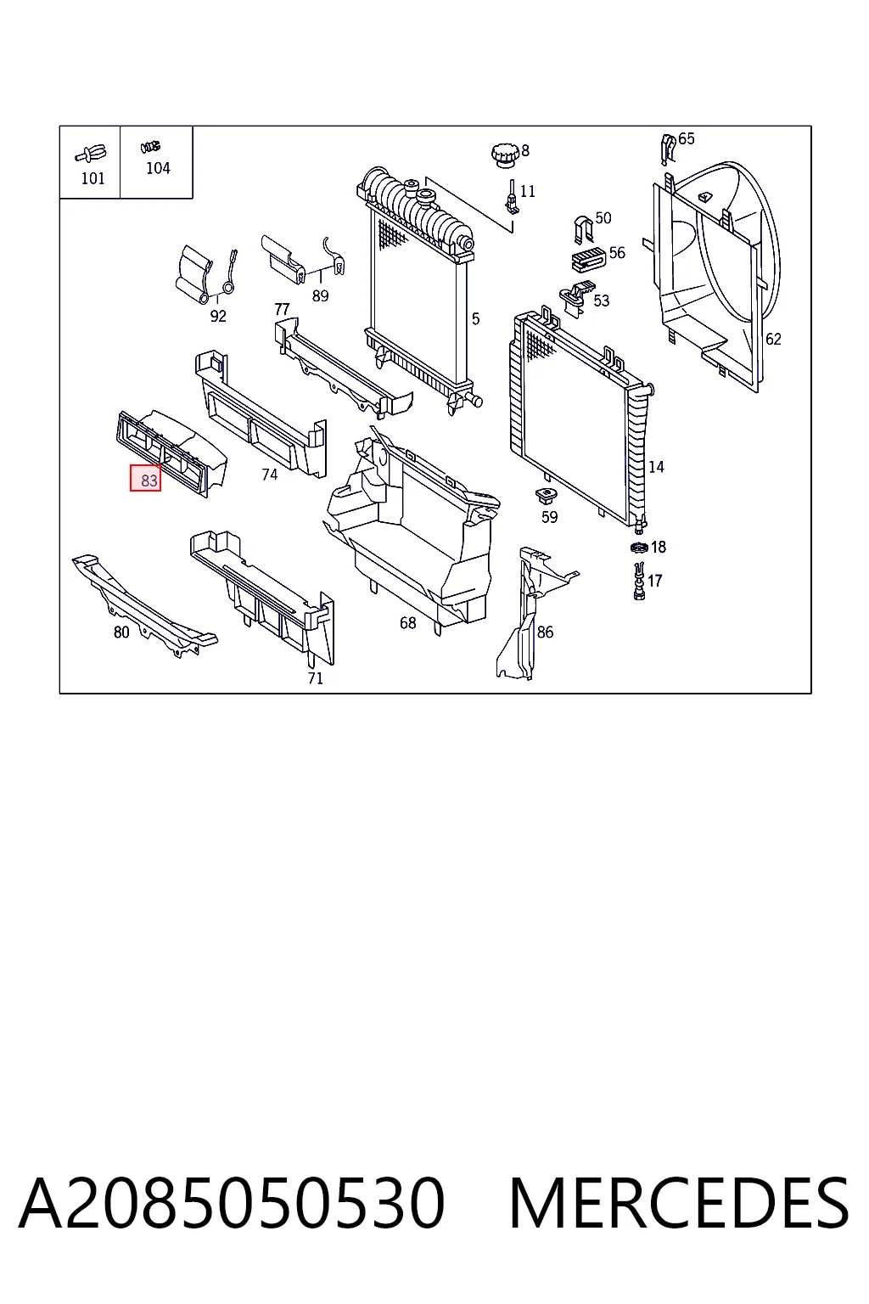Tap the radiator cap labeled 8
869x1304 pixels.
point(504,155)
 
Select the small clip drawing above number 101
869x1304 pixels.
point(91,155)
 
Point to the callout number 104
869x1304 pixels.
point(158,168)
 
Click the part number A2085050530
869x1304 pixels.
point(232,1203)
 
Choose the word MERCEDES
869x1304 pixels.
point(679,1203)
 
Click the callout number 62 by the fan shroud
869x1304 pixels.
point(773,339)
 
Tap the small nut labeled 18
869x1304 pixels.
point(639,548)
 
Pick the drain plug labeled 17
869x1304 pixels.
point(639,581)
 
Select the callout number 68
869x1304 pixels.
point(407,623)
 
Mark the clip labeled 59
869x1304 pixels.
point(546,496)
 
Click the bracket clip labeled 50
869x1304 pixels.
point(583,230)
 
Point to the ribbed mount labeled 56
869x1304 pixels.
point(588,260)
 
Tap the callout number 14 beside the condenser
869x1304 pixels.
point(656,467)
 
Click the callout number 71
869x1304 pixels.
point(315,678)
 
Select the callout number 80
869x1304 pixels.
point(121,632)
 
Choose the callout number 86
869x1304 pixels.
point(545,632)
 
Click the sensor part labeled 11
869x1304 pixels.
point(511,196)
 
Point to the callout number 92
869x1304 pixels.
point(218,316)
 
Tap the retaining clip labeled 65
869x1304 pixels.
point(668,149)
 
